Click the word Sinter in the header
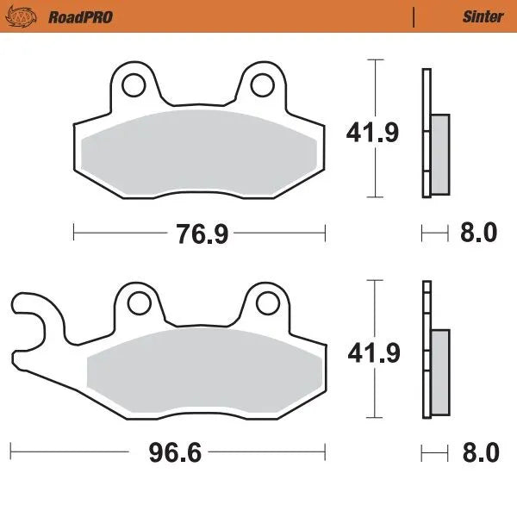coord(483,16)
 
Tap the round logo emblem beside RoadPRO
coord(28,16)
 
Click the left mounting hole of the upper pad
coord(134,84)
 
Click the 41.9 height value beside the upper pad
coord(372,134)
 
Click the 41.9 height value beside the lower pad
coord(372,352)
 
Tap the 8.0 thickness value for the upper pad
coord(479,233)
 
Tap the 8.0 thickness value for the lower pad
coord(479,451)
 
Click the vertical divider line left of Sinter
coord(414,16)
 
